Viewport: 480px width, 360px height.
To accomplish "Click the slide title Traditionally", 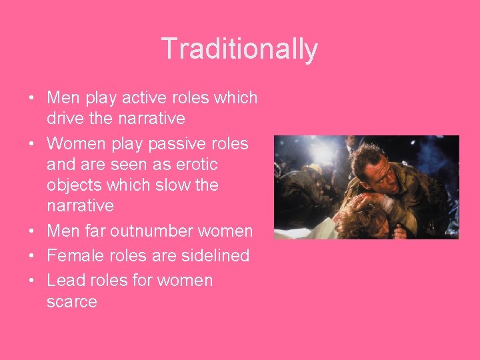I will [239, 49].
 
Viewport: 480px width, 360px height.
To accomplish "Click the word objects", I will [75, 185].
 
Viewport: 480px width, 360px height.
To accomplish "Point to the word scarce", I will [72, 301].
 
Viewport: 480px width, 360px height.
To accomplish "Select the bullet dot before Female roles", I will [32, 256].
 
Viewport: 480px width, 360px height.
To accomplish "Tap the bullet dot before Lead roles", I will [32, 281].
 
